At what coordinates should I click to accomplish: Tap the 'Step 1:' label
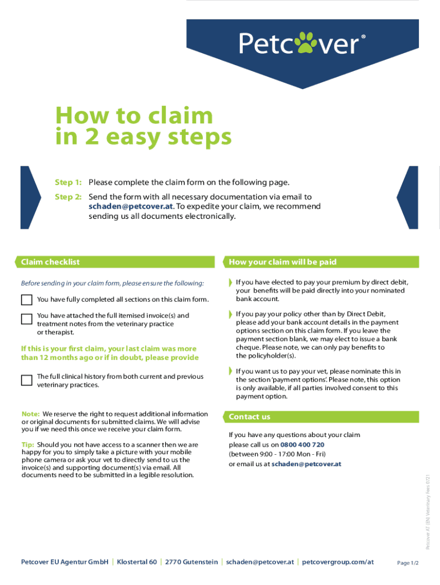tap(68, 183)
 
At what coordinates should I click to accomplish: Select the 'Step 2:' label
tap(68, 197)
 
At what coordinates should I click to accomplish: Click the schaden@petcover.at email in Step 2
tap(130, 207)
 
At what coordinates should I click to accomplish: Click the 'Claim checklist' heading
tap(50, 262)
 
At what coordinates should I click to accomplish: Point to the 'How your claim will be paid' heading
tap(283, 262)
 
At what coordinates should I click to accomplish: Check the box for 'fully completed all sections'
tap(27, 299)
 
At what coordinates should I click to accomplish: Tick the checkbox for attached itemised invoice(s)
tap(27, 319)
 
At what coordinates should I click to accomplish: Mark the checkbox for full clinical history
tap(27, 380)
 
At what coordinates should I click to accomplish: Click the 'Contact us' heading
tap(249, 416)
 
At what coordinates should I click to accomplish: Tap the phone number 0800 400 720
tap(302, 444)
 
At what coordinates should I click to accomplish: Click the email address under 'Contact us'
tap(306, 464)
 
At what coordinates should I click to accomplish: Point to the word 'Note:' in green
tap(30, 414)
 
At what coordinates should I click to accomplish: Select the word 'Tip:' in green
tap(28, 444)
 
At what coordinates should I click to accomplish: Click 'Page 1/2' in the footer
tap(408, 563)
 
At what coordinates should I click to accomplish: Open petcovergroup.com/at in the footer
tap(338, 562)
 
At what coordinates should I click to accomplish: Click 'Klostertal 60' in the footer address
tap(137, 562)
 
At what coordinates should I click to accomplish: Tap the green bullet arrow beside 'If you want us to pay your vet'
tap(231, 371)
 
